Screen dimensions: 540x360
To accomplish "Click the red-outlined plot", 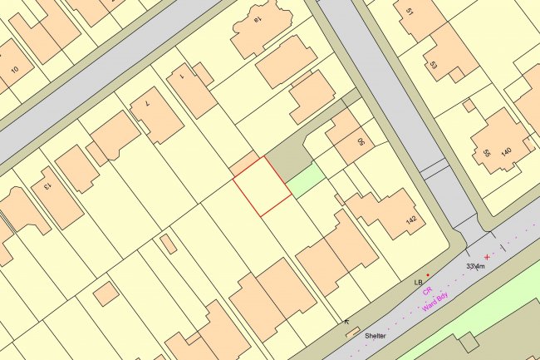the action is click(261, 186).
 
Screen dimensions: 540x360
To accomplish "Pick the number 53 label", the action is click(433, 64).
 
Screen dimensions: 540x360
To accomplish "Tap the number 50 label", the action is click(361, 142).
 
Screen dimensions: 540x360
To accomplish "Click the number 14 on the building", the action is click(258, 18).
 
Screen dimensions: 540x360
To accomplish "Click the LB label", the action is click(419, 283).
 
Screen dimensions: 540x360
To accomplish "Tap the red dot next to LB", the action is click(428, 274).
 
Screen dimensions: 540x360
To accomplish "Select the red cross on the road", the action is click(487, 257).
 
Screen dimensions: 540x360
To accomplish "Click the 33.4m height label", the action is click(475, 266).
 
